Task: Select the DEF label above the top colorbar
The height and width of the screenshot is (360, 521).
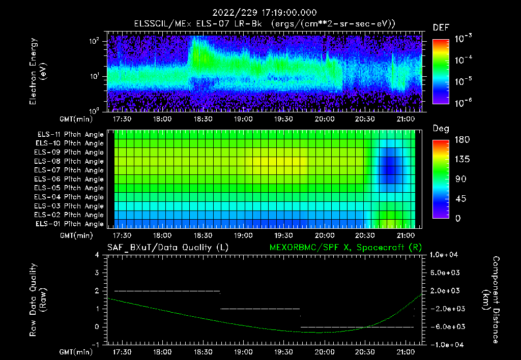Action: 441,27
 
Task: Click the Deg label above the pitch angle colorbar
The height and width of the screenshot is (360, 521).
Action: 441,128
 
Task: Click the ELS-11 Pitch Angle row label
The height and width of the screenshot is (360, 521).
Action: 70,135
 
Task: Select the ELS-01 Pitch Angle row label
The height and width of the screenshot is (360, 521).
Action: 70,224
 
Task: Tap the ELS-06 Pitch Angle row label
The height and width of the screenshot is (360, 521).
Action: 70,179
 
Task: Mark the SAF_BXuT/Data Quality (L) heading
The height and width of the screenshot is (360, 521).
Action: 167,248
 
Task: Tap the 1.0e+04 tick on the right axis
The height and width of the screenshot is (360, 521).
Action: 446,255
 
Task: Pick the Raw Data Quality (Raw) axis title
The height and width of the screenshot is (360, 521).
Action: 38,300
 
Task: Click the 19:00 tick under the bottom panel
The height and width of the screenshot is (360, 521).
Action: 243,351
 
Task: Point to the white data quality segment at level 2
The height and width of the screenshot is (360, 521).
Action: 167,291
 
